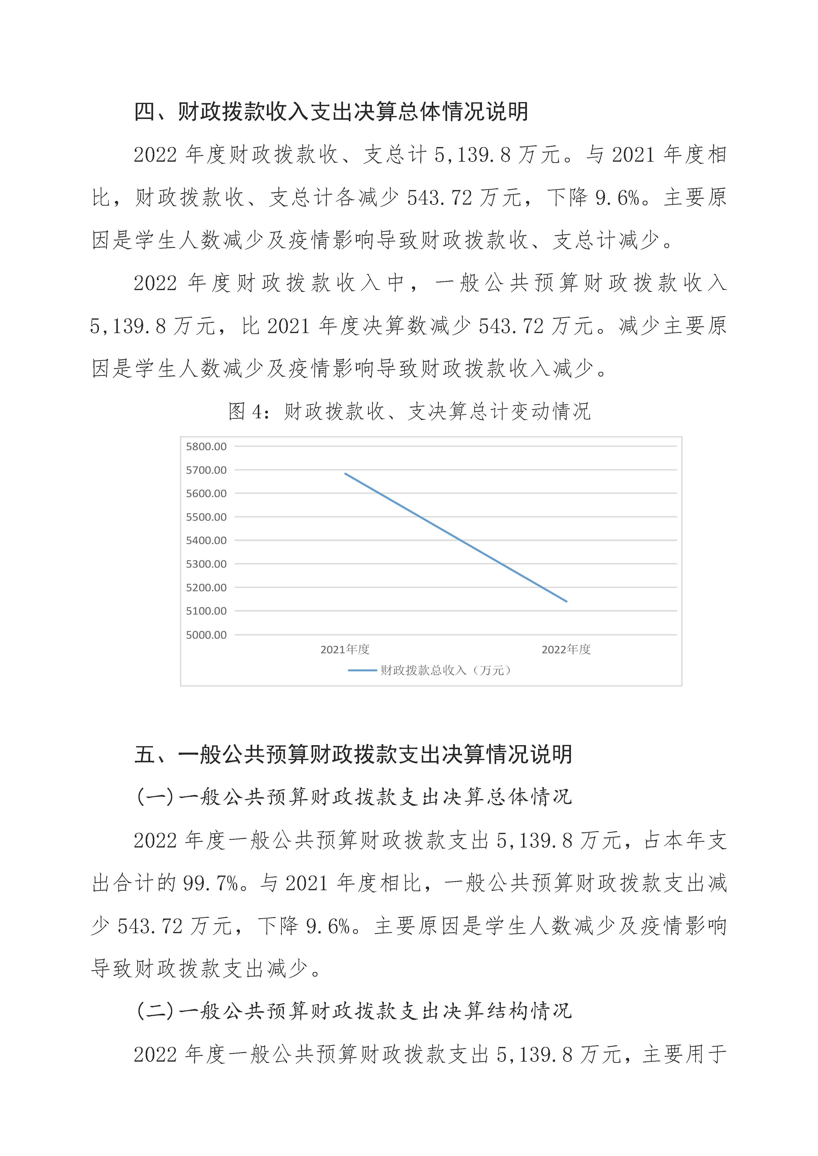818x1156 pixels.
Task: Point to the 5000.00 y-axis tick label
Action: tap(206, 635)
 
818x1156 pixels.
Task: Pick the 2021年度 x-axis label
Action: tap(345, 650)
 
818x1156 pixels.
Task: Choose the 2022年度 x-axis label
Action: tap(566, 650)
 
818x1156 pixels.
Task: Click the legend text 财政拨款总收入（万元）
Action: tap(446, 670)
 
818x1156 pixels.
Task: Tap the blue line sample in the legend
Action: tap(362, 670)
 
